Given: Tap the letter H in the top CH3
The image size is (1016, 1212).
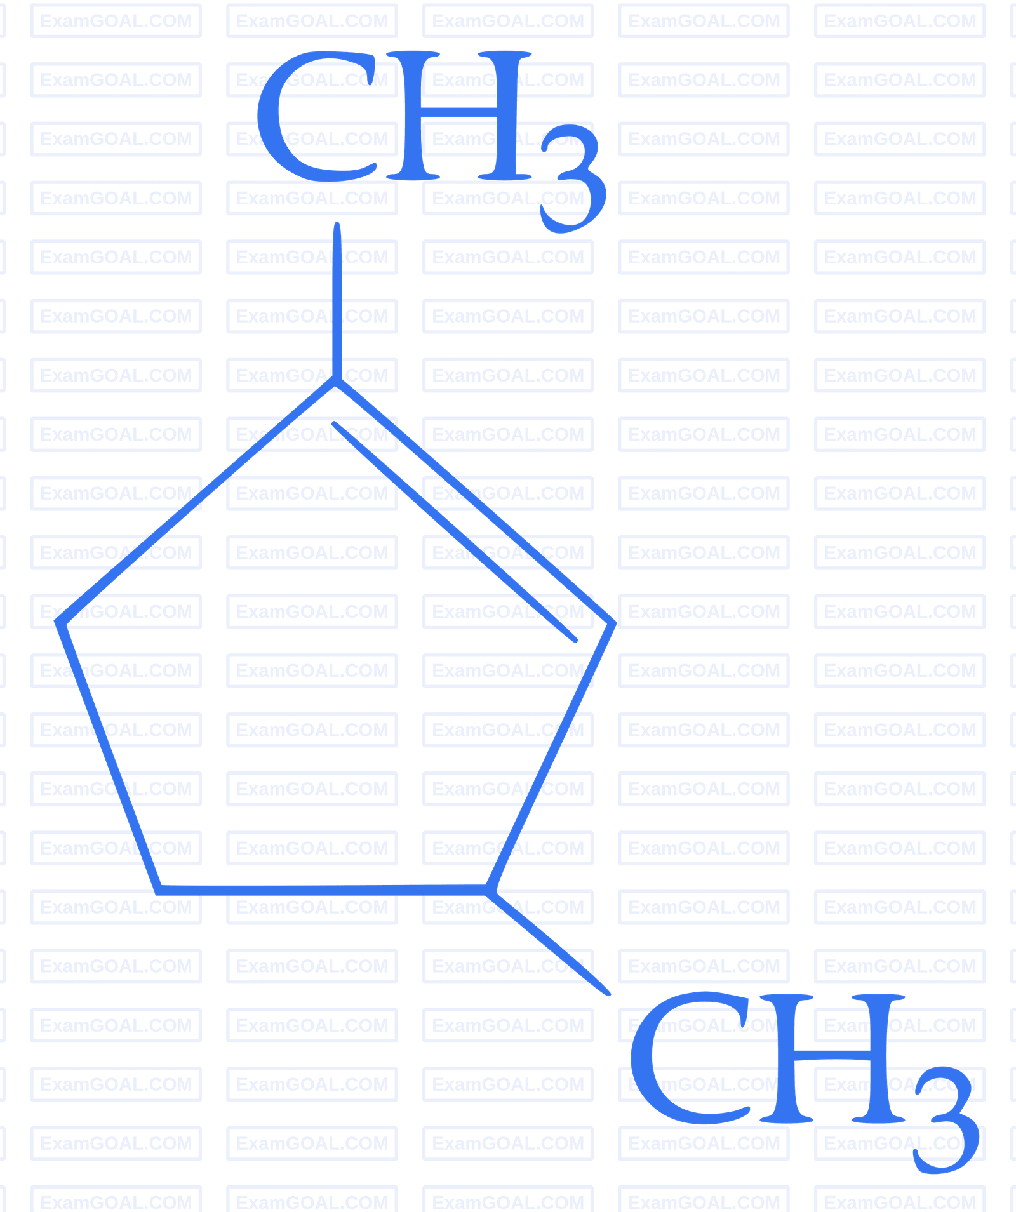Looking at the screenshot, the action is tap(458, 115).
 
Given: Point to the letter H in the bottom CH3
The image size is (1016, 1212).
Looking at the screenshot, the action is tap(832, 1057).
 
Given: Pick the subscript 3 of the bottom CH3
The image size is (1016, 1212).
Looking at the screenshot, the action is tap(947, 1120).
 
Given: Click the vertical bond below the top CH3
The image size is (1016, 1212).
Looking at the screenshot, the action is tap(337, 301).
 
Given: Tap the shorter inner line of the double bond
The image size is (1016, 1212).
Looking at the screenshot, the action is tap(455, 531).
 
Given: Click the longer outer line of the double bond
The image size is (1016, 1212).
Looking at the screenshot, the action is tap(474, 501).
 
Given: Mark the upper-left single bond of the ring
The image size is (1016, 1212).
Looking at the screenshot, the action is tap(196, 501).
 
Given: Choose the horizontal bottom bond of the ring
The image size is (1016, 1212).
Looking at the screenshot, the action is tap(323, 890).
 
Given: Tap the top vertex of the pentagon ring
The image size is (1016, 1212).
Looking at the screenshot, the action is tap(336, 380).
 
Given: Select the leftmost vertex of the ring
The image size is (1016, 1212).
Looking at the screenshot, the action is tap(58, 622).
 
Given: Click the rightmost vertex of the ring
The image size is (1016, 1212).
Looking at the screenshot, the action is tap(613, 623).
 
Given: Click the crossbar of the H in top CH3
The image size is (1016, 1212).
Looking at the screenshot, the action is tap(458, 112).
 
